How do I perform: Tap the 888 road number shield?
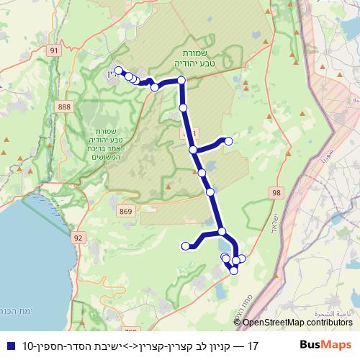coord(65,106)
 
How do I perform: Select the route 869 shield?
coord(127,211)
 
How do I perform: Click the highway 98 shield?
coord(277,192)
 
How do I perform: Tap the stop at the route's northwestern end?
coord(118,71)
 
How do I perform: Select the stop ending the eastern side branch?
coord(229,140)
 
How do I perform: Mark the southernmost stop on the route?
coord(233,270)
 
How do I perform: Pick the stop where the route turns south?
coord(181,81)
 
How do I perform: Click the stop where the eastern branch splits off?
coord(193,150)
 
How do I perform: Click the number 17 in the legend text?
coord(252,346)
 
